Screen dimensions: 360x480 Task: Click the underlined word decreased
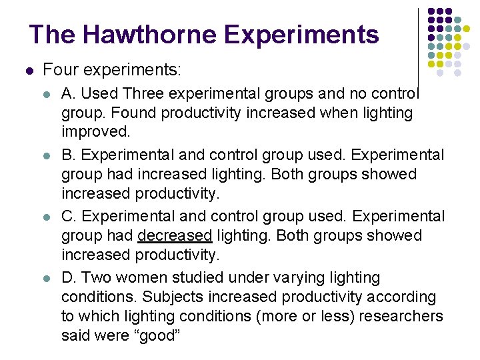tap(174, 236)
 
